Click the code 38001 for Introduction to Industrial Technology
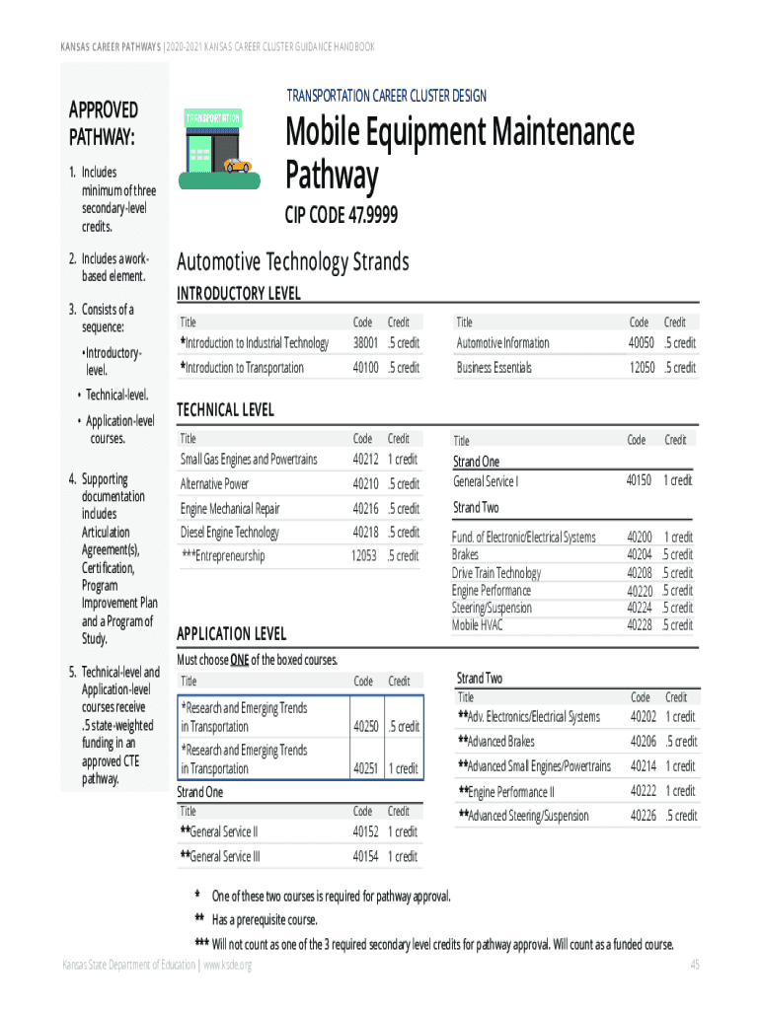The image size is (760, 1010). [365, 343]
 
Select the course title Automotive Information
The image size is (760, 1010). [502, 343]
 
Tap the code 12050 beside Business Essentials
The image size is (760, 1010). [642, 368]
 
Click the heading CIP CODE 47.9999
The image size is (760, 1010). [342, 216]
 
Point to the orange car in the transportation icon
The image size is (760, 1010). [237, 166]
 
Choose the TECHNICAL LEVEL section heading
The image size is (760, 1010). [224, 409]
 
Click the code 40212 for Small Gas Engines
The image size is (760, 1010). [365, 460]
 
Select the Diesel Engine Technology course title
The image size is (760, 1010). [229, 533]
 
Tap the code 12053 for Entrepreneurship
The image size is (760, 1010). [363, 556]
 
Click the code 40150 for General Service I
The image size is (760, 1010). [639, 479]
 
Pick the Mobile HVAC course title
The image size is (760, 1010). [479, 625]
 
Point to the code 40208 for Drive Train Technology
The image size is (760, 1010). [640, 573]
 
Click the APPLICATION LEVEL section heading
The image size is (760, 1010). [230, 633]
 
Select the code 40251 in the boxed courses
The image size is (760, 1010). [365, 768]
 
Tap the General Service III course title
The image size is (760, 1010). [219, 856]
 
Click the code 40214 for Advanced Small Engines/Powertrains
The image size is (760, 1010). [644, 766]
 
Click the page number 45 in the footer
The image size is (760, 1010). [695, 964]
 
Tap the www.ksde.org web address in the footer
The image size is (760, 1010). [227, 964]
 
